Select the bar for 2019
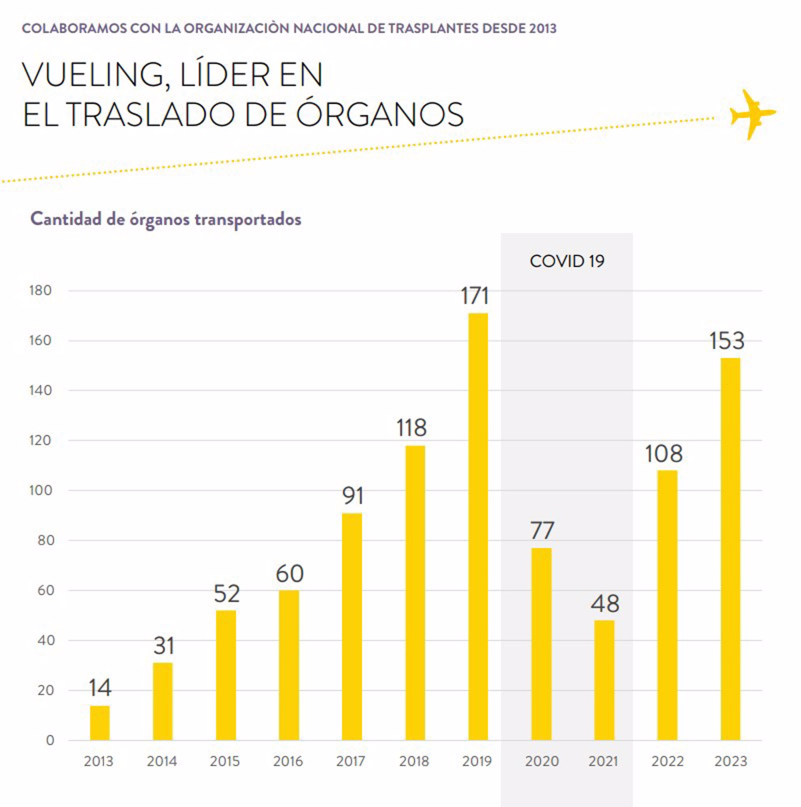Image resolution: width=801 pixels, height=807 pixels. [x=478, y=526]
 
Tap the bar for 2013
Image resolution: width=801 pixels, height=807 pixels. [x=100, y=723]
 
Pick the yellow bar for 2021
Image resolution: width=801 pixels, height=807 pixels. [x=605, y=680]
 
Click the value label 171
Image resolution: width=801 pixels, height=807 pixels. [x=475, y=296]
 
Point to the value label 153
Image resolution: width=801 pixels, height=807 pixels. [x=727, y=340]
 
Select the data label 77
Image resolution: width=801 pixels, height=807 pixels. [x=542, y=530]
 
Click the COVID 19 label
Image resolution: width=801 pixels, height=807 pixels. [x=567, y=261]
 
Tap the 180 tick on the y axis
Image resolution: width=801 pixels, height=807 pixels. [x=40, y=290]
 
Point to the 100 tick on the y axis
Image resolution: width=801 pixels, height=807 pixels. [x=40, y=490]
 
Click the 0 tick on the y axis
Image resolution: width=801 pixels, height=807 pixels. [x=50, y=740]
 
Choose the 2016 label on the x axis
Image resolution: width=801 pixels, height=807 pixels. [x=288, y=761]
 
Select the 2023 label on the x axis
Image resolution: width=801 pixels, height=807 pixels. [x=730, y=761]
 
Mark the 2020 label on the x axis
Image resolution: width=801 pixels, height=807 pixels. [x=542, y=761]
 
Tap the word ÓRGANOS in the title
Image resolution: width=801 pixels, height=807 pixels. [x=380, y=113]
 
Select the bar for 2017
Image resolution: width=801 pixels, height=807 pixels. [x=352, y=627]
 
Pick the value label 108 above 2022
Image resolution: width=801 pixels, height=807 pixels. [x=664, y=454]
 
